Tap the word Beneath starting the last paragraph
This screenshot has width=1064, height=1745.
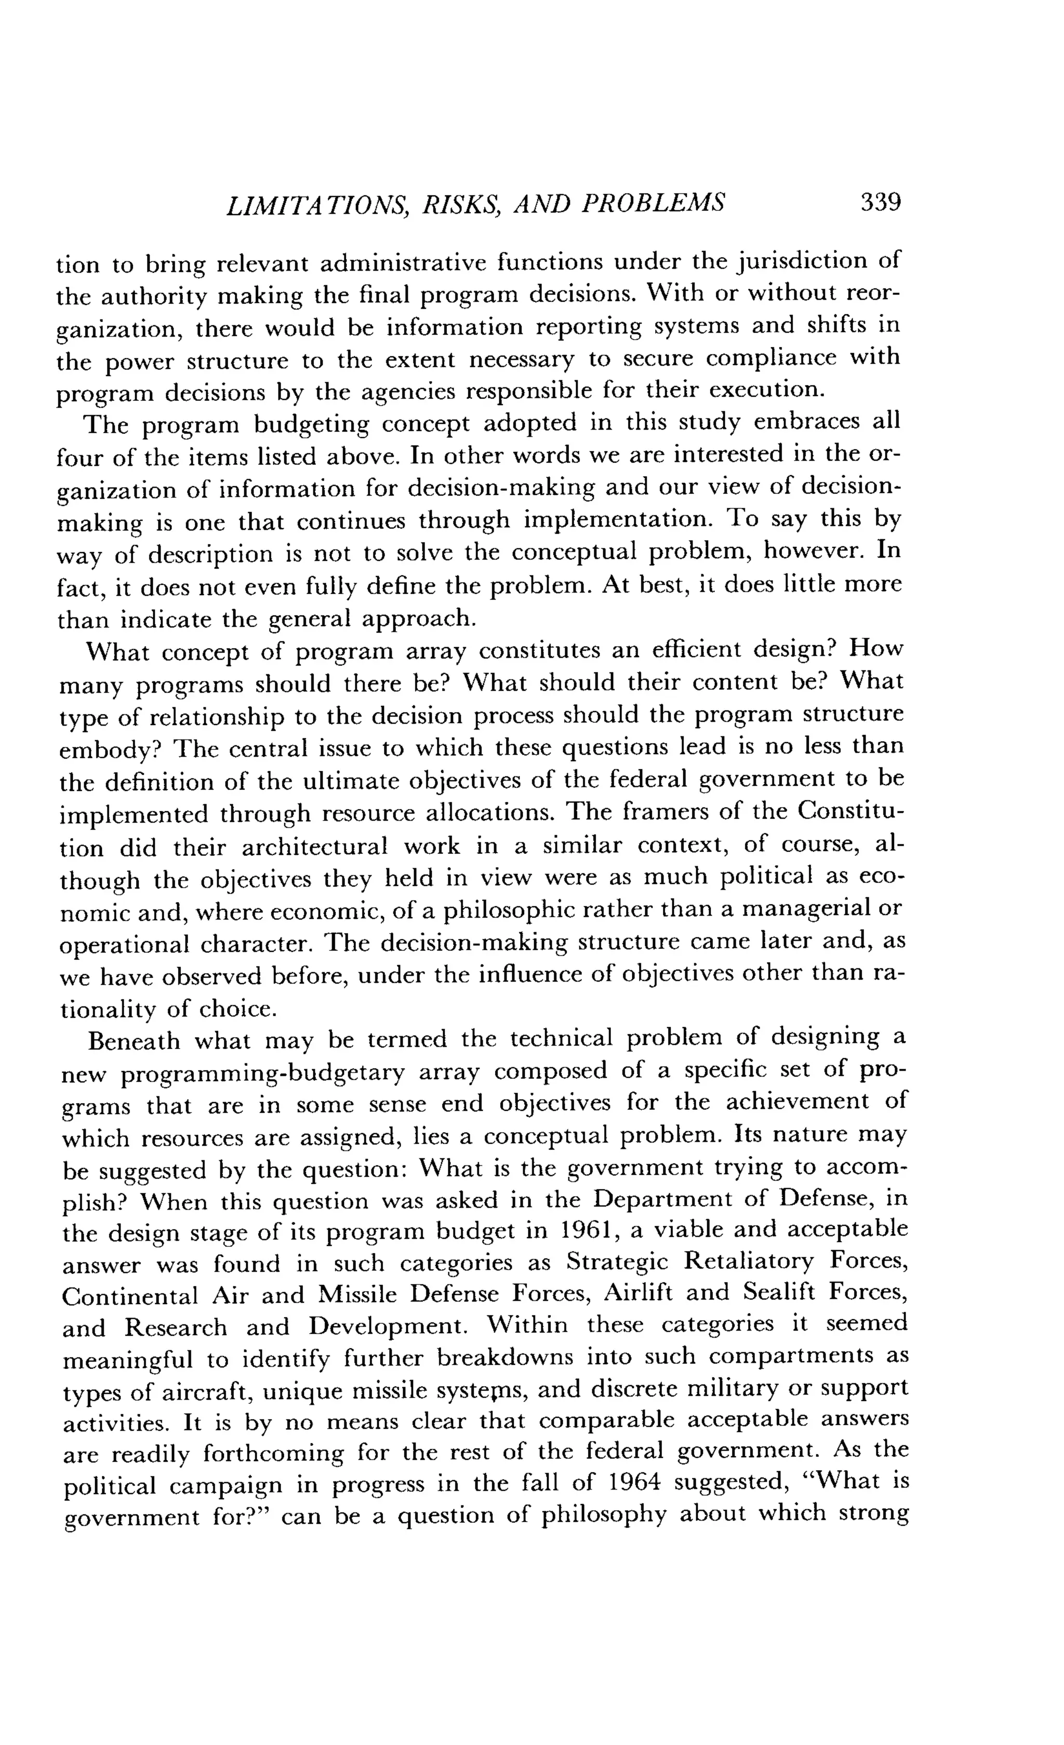point(134,1041)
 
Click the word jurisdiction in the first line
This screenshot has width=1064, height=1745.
point(799,262)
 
